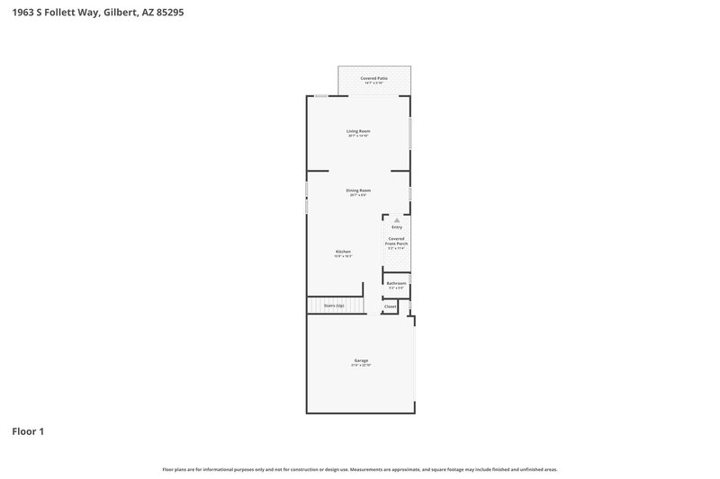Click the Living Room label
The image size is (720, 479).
358,131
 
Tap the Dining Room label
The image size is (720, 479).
358,191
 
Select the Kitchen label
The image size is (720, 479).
343,252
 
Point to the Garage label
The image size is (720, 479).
360,360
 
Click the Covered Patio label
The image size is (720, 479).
374,78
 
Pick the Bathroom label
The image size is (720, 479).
396,283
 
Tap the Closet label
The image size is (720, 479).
390,306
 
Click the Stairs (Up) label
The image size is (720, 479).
334,306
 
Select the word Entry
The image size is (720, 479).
396,227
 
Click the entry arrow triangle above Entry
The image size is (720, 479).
396,219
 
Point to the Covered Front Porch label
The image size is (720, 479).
396,242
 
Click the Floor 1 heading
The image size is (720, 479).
28,431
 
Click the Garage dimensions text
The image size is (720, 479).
360,366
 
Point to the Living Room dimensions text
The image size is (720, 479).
358,136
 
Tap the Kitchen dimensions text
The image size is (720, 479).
343,256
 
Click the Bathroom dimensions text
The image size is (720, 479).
396,288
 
